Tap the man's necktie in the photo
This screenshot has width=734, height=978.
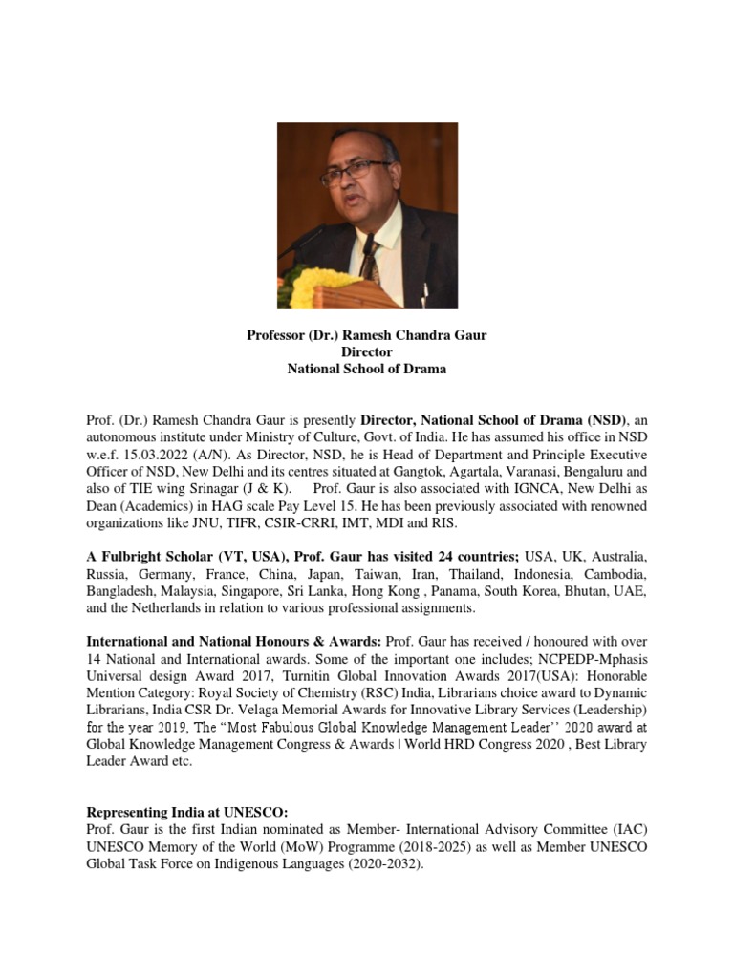[369, 258]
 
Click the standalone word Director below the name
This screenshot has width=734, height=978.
[366, 351]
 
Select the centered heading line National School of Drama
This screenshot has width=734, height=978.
[366, 369]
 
